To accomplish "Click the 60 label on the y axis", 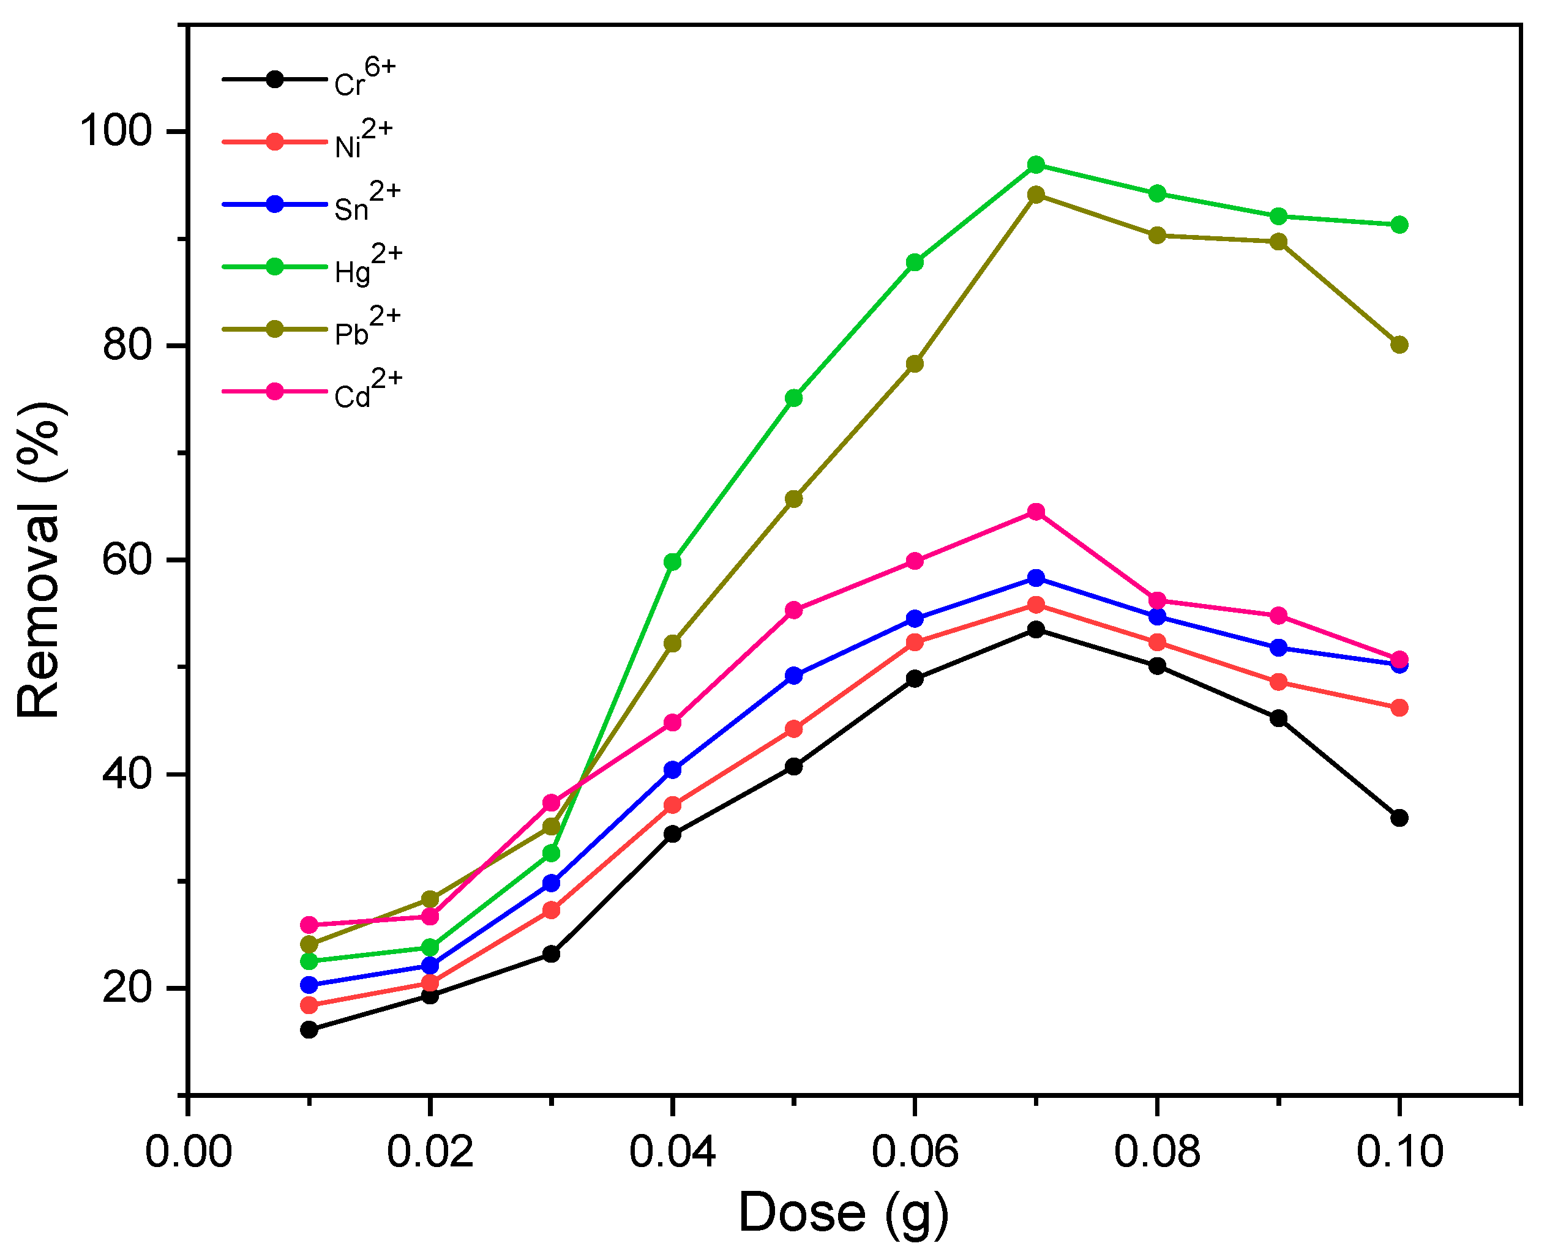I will [x=127, y=560].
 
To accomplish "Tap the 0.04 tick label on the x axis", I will [x=672, y=1152].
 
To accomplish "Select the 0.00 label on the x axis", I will [x=189, y=1152].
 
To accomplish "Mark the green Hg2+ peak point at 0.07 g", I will [x=1036, y=165].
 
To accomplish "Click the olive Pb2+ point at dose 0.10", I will [x=1400, y=345].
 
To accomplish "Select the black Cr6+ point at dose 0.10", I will [x=1400, y=818].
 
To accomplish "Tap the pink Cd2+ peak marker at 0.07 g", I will [x=1036, y=512].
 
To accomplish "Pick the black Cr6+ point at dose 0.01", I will [x=309, y=1029].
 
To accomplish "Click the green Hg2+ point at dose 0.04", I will [x=673, y=562].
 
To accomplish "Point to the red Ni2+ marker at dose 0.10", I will [x=1400, y=707].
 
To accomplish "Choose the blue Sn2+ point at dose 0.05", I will [x=794, y=676].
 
